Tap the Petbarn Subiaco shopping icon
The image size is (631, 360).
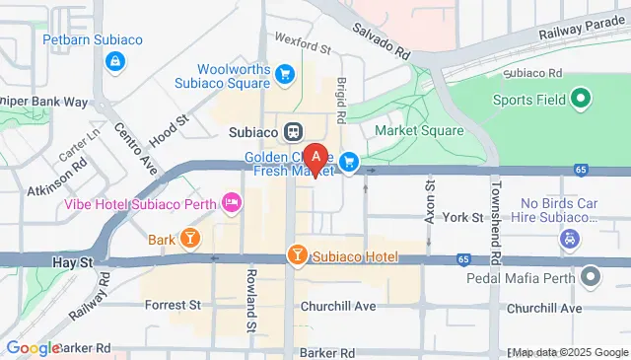116,63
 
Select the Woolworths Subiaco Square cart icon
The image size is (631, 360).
285,74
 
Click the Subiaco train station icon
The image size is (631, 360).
293,131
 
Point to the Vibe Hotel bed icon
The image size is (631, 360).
232,203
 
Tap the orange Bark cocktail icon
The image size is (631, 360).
189,238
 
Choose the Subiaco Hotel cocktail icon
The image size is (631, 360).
297,256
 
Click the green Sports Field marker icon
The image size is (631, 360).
581,99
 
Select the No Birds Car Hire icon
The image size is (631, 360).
569,238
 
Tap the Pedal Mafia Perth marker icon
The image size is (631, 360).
591,276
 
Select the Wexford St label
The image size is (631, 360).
303,45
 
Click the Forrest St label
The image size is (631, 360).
173,306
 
